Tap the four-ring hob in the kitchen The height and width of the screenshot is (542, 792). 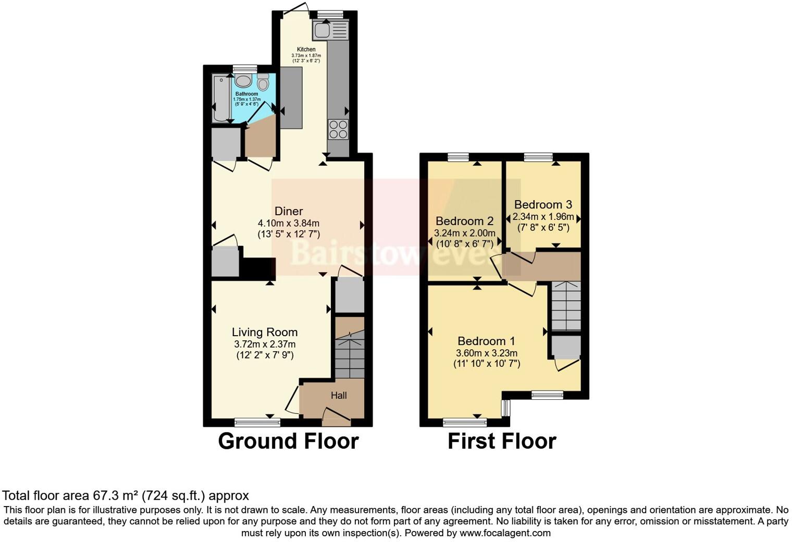338,129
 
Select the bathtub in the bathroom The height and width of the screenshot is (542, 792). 220,98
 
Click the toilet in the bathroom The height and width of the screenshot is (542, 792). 263,83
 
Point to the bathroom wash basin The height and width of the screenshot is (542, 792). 243,81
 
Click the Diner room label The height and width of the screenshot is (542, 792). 289,211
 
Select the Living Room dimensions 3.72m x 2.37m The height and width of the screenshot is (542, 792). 265,344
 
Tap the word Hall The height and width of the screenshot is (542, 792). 339,396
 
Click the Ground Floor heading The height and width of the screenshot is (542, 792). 288,441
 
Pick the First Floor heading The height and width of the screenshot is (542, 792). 502,441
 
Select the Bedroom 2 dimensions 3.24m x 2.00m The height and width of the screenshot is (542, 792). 465,233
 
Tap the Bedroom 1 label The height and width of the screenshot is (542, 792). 486,341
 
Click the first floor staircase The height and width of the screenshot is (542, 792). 566,306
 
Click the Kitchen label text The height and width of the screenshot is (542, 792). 306,50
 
